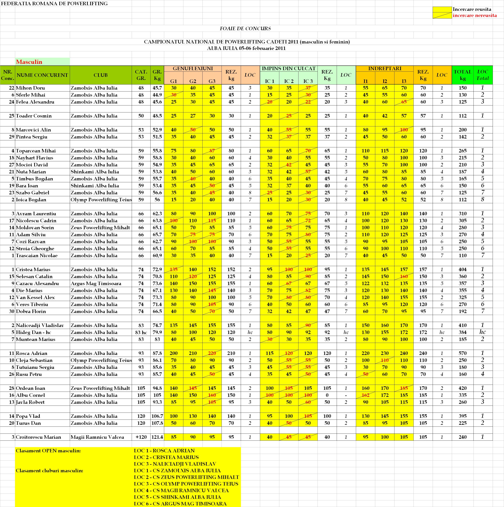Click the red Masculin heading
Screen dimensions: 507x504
coord(29,62)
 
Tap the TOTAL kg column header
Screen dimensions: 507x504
coord(463,75)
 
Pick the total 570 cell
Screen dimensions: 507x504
coord(463,353)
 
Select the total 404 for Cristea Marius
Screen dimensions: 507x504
coord(463,270)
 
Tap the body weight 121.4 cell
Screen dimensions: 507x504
coord(157,437)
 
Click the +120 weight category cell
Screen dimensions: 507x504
coord(141,437)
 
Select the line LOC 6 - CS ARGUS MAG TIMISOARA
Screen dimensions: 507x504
coord(180,504)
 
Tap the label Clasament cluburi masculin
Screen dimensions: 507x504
coord(49,471)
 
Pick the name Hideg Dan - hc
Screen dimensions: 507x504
coord(33,332)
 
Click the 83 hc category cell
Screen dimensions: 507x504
coord(141,332)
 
